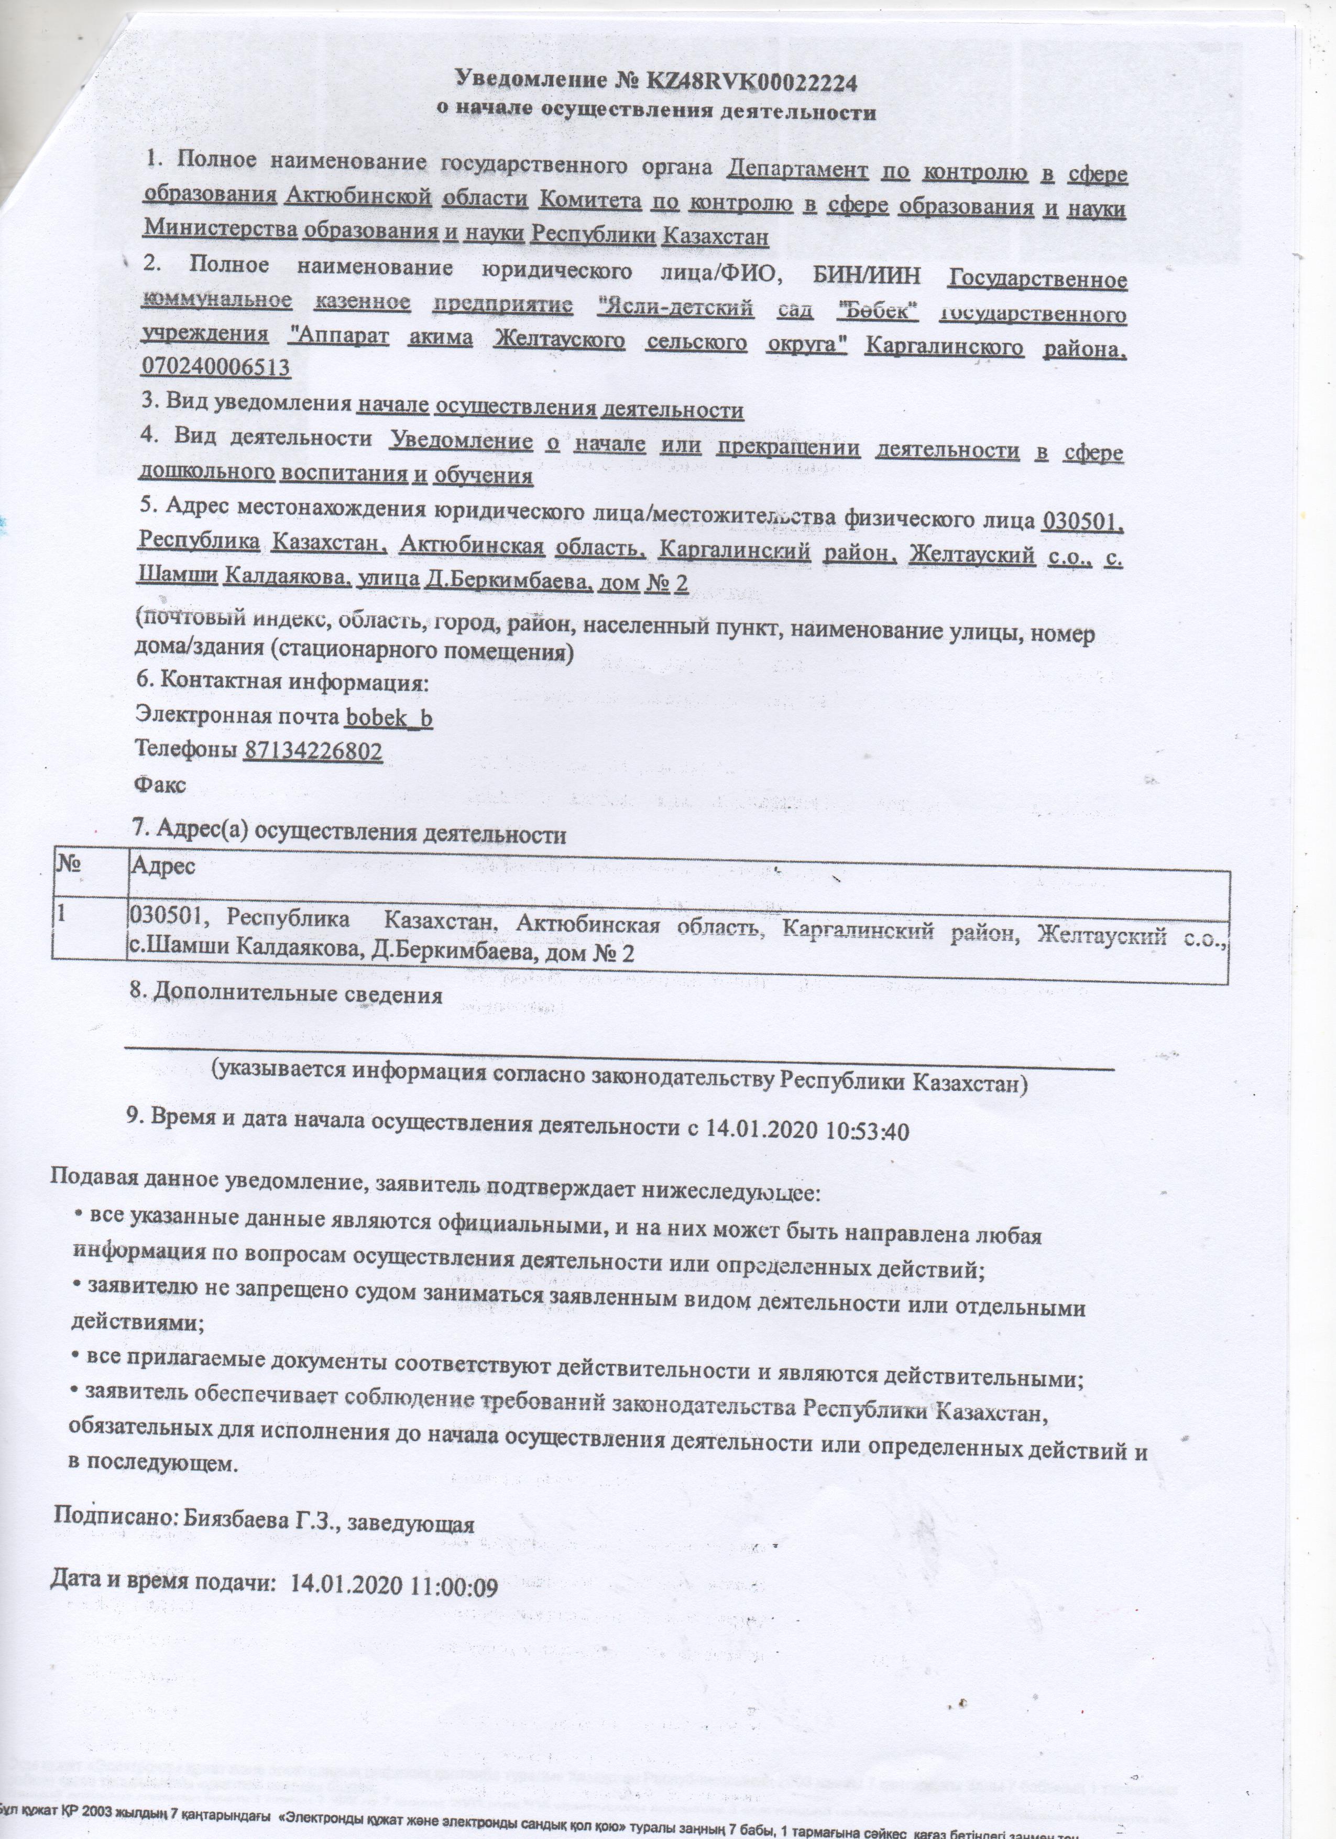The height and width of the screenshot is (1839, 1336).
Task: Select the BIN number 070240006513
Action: point(216,367)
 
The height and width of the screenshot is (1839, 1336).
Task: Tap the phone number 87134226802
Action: point(313,751)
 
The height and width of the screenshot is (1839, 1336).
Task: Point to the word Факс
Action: point(160,784)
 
